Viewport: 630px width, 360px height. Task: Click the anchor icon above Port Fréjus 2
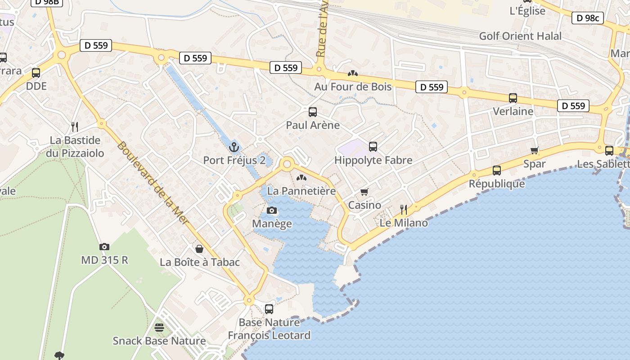[x=234, y=147]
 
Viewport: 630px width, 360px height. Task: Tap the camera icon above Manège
[x=272, y=210]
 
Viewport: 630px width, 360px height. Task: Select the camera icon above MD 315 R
[x=104, y=247]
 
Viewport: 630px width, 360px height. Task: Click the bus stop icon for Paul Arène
[x=313, y=112]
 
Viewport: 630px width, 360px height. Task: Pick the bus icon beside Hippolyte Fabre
[x=373, y=146]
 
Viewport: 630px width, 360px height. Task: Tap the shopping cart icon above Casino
[x=364, y=192]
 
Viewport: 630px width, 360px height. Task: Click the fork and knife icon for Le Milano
[x=404, y=209]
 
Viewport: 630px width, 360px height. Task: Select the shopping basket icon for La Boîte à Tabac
[x=199, y=249]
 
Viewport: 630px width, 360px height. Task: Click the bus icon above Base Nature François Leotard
[x=269, y=309]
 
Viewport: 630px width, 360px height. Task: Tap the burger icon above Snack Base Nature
[x=159, y=327]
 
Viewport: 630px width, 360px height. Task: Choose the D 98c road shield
[x=587, y=18]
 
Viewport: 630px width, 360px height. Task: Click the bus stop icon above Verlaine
[x=513, y=98]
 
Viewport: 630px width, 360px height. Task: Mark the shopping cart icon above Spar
[x=535, y=150]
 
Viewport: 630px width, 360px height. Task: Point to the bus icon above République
[x=497, y=170]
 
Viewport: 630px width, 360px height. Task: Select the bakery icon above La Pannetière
[x=301, y=178]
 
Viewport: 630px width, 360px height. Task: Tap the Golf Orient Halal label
[x=520, y=36]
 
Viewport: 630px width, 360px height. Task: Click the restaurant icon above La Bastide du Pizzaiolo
[x=75, y=126]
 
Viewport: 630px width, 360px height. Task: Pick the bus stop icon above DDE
[x=36, y=72]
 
